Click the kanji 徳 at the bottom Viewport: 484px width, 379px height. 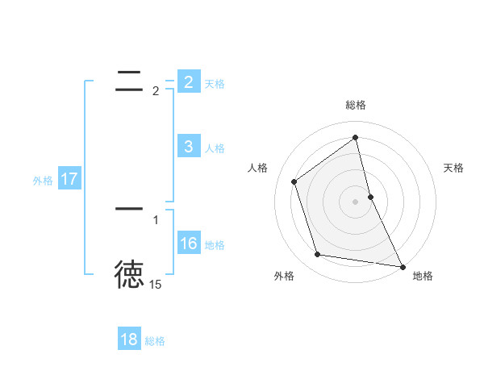click(x=129, y=274)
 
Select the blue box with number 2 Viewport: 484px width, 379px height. click(x=189, y=81)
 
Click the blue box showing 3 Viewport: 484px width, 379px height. click(x=189, y=146)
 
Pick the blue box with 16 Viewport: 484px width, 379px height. click(x=189, y=243)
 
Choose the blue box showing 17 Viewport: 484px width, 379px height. click(x=69, y=179)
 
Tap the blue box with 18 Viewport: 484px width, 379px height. click(x=129, y=339)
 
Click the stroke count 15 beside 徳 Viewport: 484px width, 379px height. click(x=155, y=285)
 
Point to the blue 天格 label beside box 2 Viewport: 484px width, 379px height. click(x=215, y=83)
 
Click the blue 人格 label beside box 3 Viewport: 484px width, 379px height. click(x=215, y=148)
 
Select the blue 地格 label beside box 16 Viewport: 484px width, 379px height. click(x=215, y=244)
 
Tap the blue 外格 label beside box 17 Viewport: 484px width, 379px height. click(x=43, y=181)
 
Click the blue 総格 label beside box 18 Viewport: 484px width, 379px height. click(x=155, y=341)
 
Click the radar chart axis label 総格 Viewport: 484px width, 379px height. click(x=355, y=105)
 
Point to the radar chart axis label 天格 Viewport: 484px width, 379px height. click(x=453, y=168)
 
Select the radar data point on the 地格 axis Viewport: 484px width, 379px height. click(x=402, y=266)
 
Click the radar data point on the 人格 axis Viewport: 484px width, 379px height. click(x=294, y=181)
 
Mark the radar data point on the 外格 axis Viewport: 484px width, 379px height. click(x=318, y=255)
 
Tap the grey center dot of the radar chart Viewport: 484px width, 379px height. click(x=355, y=201)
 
